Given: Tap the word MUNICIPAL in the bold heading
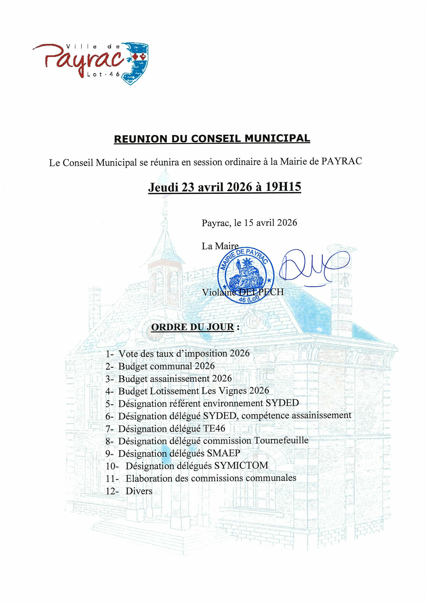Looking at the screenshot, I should click(277, 138).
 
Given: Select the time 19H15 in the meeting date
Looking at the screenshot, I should click(283, 186).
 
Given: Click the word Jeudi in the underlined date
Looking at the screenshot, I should click(163, 187).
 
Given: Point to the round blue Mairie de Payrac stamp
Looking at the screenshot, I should click(246, 275).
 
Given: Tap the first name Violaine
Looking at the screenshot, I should click(218, 292).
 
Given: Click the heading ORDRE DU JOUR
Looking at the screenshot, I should click(193, 327).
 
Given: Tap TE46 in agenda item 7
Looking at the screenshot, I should click(214, 428).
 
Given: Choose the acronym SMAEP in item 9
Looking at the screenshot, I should click(223, 453).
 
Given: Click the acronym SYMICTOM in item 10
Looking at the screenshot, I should click(241, 465).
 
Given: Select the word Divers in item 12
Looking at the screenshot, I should click(139, 491).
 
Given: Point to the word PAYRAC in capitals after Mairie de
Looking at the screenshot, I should click(341, 161).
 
